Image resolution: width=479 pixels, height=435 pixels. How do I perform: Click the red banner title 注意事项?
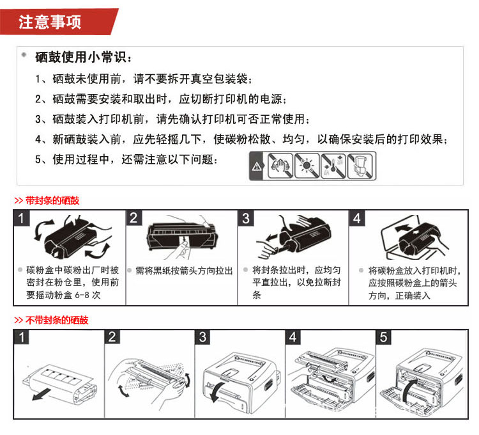click(49, 22)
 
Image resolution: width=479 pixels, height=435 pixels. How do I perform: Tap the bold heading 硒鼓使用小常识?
click(80, 57)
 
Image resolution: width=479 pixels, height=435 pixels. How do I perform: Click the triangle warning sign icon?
click(257, 166)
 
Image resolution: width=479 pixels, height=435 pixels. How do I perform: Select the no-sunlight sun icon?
click(307, 166)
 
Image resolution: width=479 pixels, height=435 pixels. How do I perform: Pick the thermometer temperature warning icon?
click(333, 166)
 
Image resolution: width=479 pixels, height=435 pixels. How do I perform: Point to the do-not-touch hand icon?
click(280, 166)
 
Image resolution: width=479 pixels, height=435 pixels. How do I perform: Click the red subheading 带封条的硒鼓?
click(52, 201)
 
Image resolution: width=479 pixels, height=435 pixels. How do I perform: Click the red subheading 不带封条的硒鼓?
click(57, 320)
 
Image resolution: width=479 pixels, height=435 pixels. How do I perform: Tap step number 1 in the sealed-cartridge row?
click(21, 218)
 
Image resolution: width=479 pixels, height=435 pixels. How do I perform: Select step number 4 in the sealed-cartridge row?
click(357, 218)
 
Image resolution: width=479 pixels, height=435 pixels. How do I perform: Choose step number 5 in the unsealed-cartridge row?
click(383, 336)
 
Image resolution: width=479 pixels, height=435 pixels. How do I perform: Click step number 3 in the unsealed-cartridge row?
click(202, 336)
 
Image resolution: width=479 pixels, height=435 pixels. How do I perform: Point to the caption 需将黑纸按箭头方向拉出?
click(184, 271)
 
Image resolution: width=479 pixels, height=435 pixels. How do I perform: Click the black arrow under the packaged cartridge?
click(42, 393)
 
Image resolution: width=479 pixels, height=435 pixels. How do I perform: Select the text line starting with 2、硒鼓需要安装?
click(161, 99)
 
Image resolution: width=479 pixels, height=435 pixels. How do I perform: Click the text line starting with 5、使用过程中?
click(126, 159)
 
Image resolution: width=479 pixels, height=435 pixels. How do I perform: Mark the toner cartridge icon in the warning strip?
click(360, 166)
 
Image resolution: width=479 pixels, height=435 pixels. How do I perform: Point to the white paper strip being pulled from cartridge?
click(184, 246)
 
